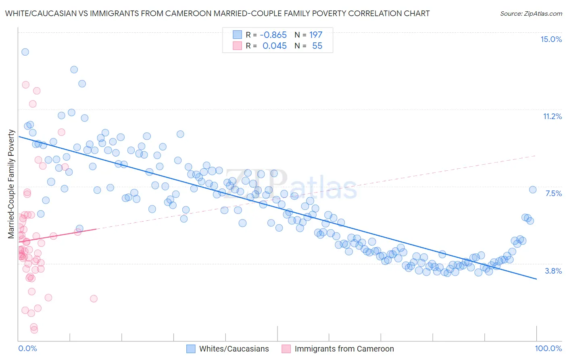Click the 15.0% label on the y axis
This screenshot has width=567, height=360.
(x=551, y=39)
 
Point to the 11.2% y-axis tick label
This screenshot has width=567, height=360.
(x=552, y=116)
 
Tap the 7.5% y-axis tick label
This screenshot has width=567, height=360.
(x=553, y=193)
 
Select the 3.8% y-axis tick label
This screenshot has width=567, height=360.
(x=553, y=271)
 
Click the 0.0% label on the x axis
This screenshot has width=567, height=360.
(x=27, y=348)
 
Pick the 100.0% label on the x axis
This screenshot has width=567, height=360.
(x=548, y=348)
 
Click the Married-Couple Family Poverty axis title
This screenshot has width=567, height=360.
(x=11, y=184)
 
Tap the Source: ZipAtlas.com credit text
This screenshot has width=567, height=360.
(x=531, y=13)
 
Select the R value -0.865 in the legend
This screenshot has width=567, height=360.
(x=273, y=35)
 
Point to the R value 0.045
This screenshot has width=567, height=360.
(x=275, y=46)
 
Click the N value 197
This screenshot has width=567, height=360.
(x=316, y=35)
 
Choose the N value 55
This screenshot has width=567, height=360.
(x=317, y=46)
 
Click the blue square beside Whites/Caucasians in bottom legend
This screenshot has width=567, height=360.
(x=191, y=349)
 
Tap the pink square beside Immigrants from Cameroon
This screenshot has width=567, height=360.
(x=286, y=349)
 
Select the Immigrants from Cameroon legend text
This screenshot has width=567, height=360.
(x=344, y=349)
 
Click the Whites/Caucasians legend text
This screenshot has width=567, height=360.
(x=234, y=349)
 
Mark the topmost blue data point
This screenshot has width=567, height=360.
(x=25, y=52)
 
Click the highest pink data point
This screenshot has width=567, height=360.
(x=25, y=85)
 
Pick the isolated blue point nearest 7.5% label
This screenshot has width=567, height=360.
(x=532, y=190)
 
